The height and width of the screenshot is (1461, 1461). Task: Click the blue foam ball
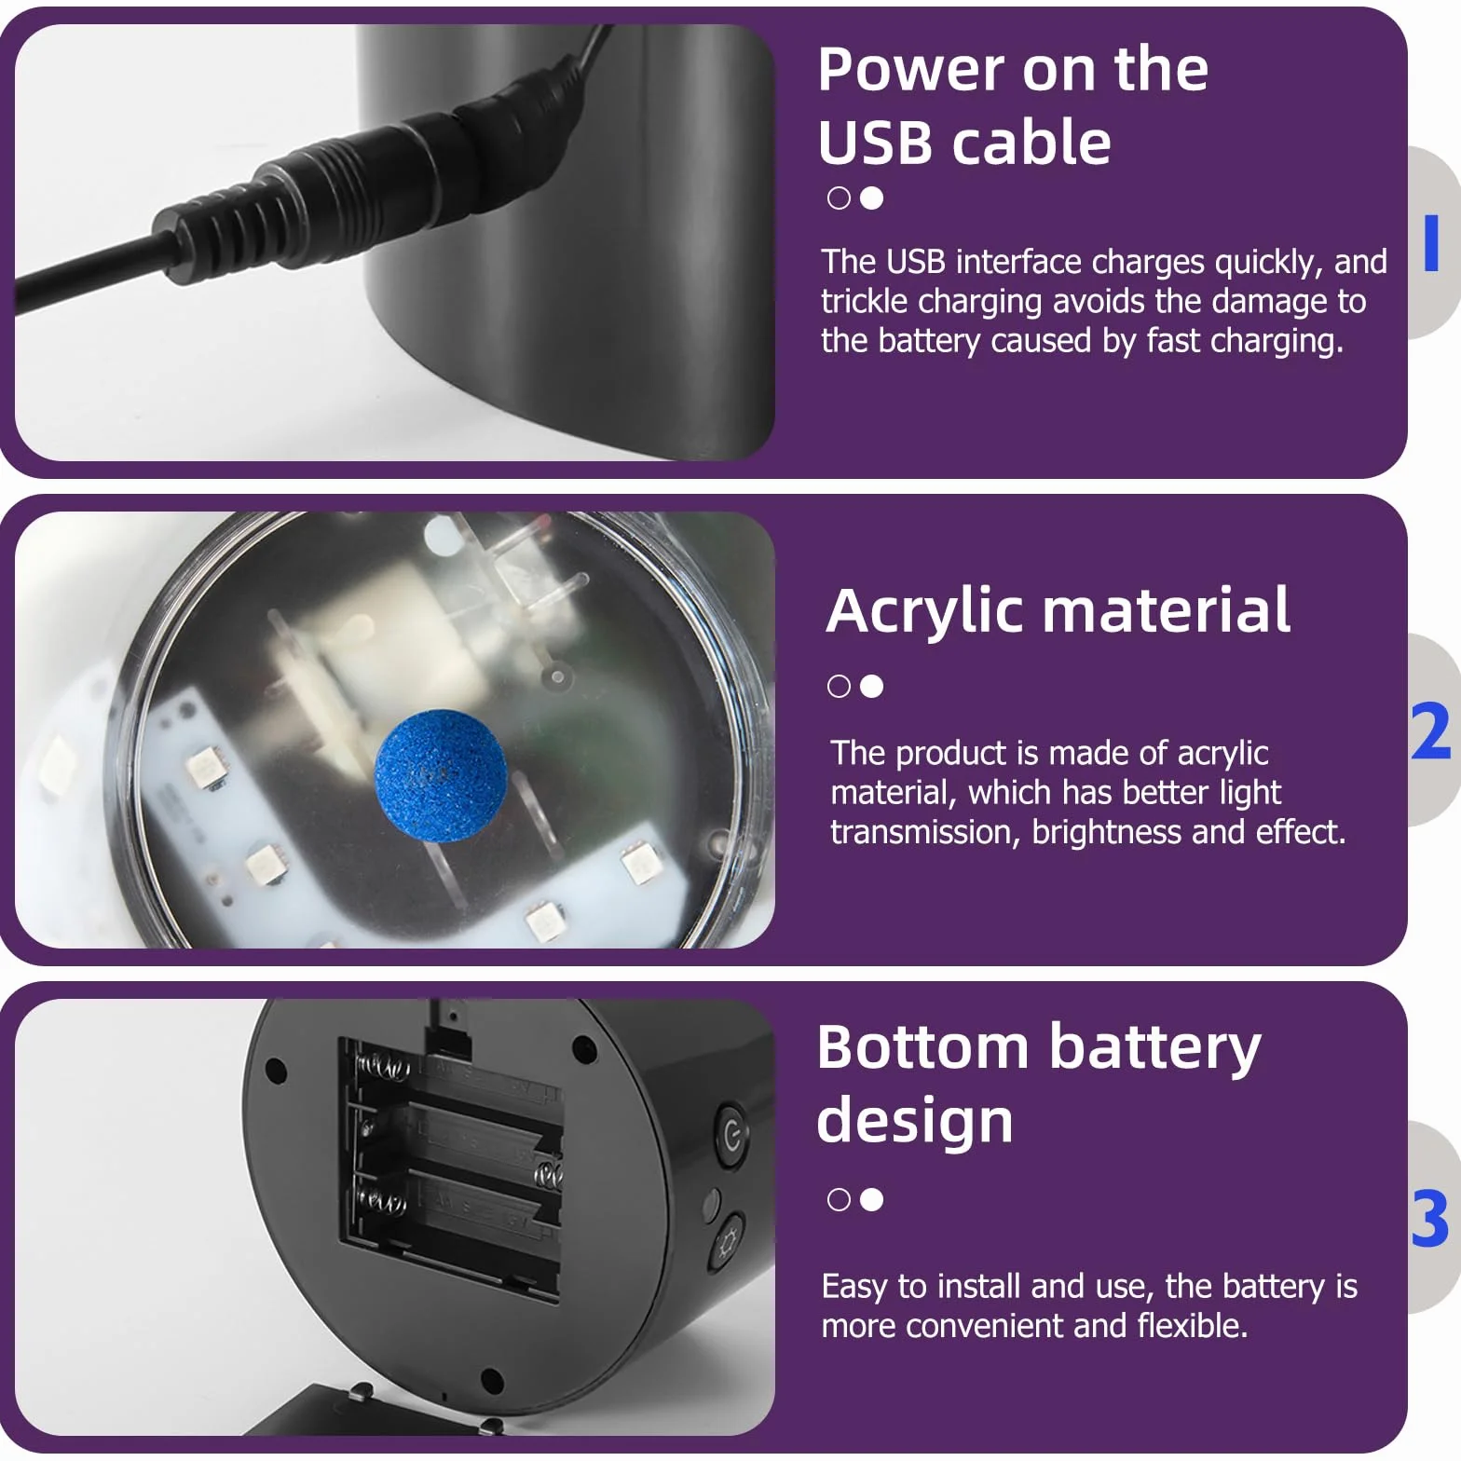click(440, 775)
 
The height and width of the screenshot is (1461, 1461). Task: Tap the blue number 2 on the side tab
click(1431, 731)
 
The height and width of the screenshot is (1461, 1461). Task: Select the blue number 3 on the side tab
click(1430, 1218)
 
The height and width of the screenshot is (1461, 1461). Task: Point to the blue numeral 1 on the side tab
click(1432, 242)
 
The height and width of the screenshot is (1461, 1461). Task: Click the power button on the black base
click(732, 1135)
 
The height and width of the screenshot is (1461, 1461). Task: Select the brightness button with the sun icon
click(728, 1242)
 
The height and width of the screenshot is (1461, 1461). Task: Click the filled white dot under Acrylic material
click(872, 687)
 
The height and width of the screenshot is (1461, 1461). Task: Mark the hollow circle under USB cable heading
click(839, 198)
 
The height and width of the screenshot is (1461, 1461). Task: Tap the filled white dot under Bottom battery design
click(872, 1199)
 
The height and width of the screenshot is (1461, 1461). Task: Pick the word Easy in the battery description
click(854, 1288)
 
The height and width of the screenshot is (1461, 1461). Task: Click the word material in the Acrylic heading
click(1167, 610)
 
